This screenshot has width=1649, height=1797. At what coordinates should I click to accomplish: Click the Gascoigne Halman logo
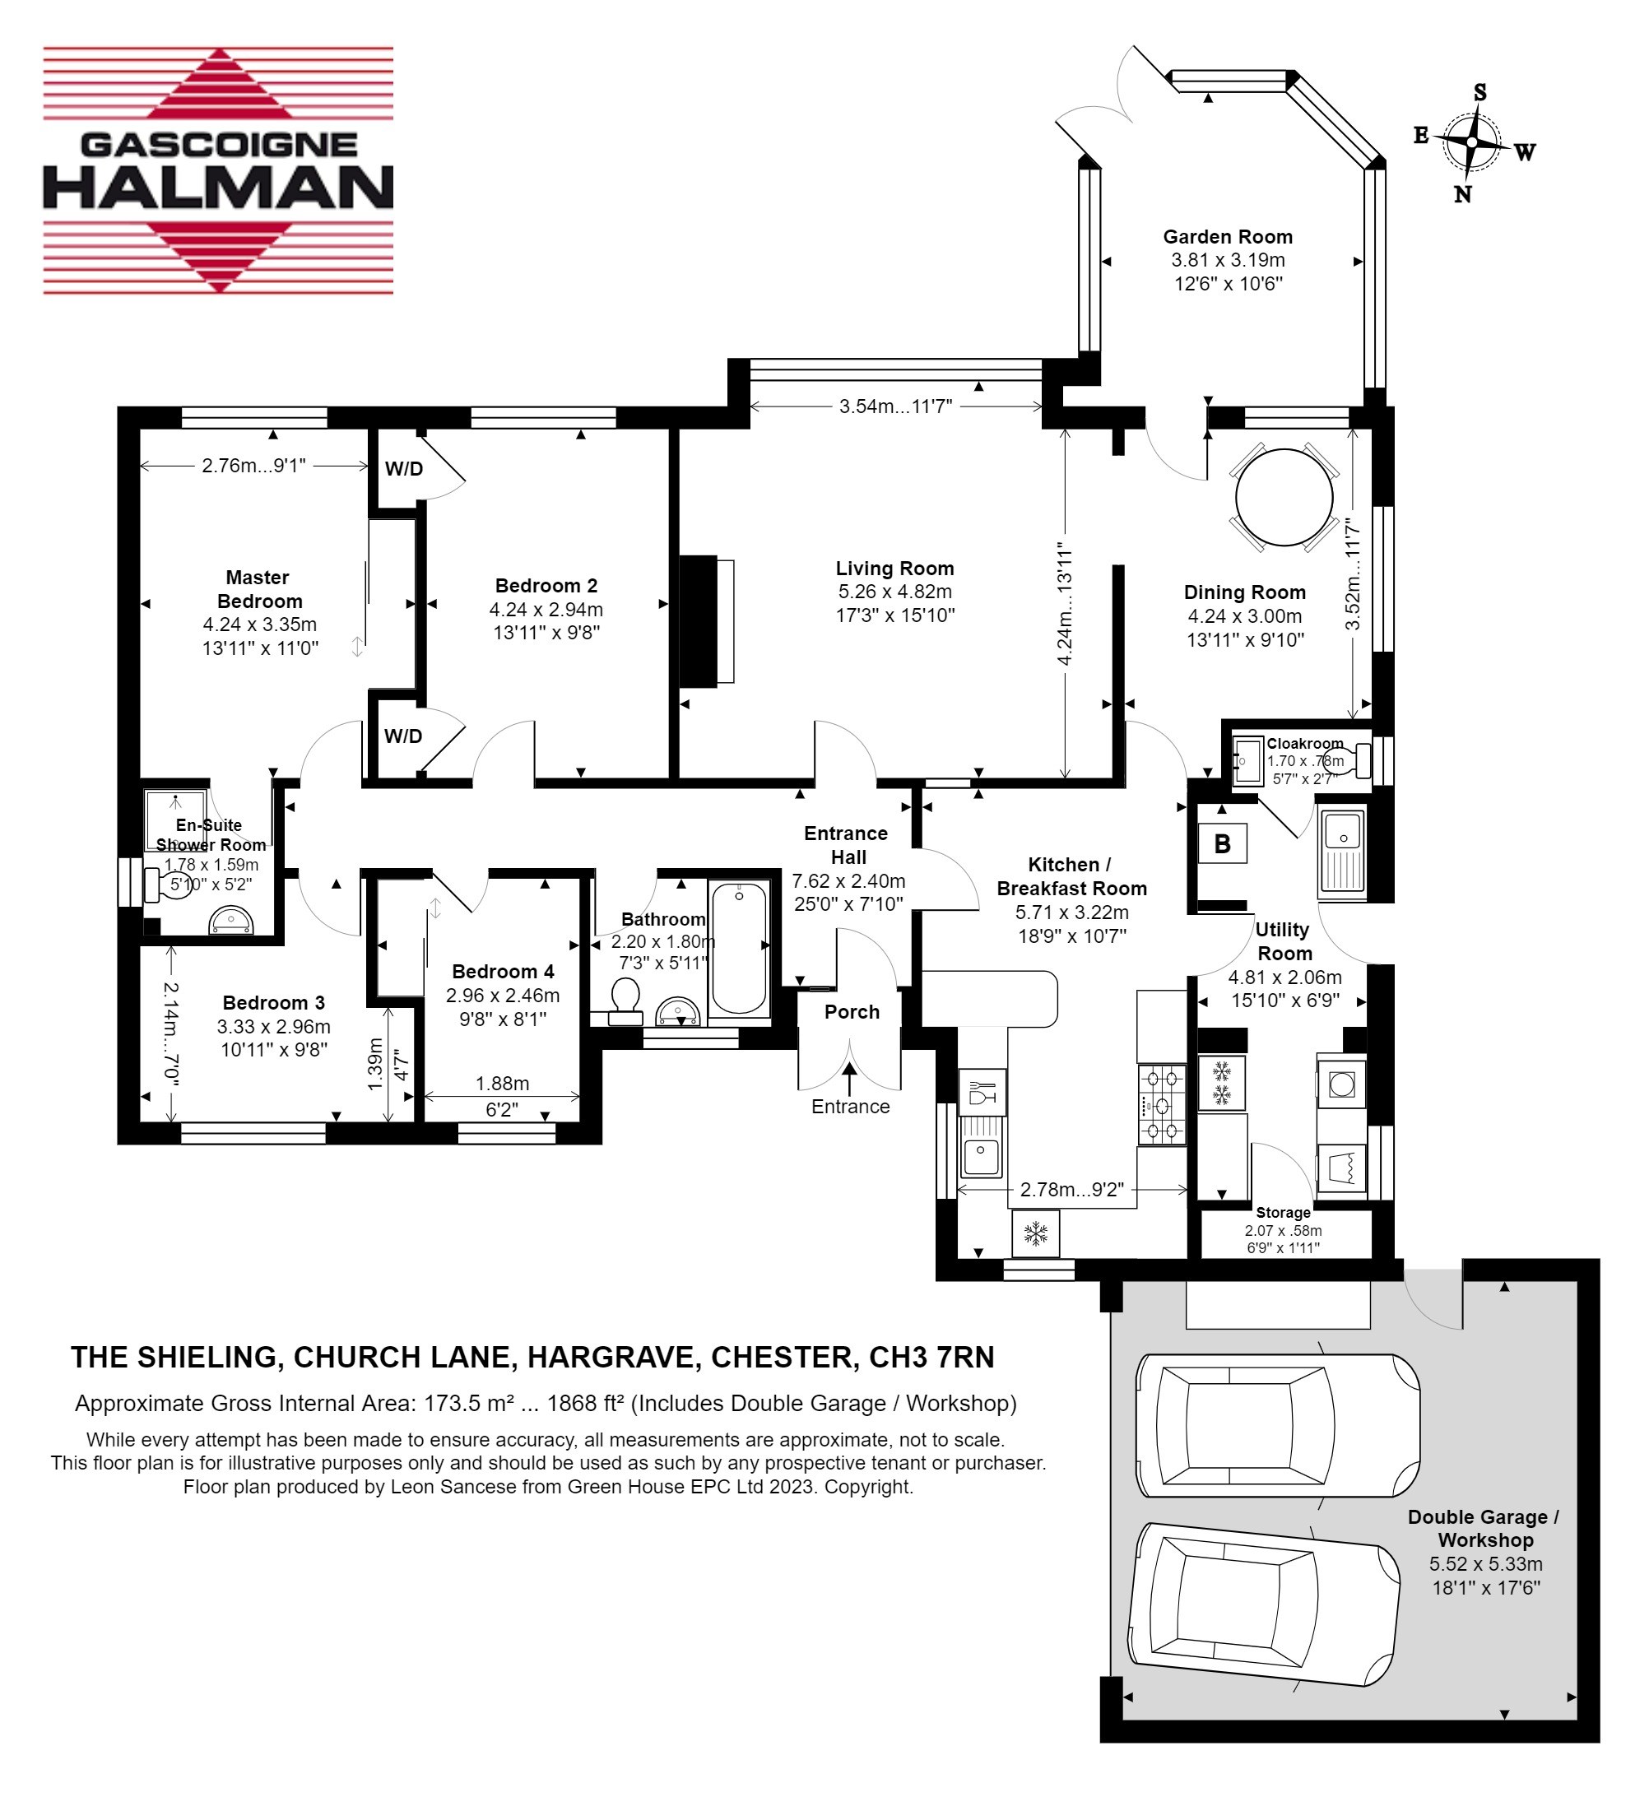[219, 170]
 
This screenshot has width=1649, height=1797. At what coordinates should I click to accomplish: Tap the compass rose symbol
[1472, 143]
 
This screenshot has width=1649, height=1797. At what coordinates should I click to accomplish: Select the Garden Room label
[1228, 237]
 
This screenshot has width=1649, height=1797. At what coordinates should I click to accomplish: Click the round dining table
[1284, 497]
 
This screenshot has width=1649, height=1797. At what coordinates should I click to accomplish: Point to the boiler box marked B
[1223, 844]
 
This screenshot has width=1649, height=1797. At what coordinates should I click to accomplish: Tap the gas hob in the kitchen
[1162, 1104]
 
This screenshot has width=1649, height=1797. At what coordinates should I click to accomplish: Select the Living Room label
[895, 569]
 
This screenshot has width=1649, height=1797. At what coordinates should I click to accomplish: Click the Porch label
[852, 1012]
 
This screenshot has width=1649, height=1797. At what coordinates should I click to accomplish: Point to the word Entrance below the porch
[850, 1107]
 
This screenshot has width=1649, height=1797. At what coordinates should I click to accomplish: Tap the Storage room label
[1283, 1213]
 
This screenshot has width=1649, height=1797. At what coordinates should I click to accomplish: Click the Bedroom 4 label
[504, 972]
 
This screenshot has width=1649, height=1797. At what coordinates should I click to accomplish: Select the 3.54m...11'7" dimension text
[896, 406]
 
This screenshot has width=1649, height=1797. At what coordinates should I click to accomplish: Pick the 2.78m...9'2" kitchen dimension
[1072, 1190]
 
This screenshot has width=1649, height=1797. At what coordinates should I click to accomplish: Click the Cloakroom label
[1304, 743]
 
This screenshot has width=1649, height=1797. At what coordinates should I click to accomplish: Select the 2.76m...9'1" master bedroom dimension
[254, 465]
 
